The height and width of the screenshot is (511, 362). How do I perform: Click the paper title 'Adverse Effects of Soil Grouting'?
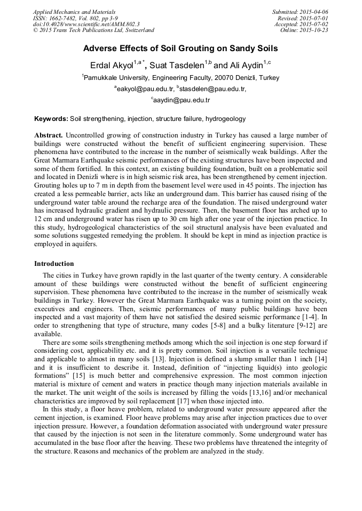coord(180,48)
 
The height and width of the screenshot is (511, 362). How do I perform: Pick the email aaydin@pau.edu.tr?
coord(182,100)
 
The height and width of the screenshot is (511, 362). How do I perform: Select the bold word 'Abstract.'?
coord(49,136)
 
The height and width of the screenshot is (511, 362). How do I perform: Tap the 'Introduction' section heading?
coord(54,264)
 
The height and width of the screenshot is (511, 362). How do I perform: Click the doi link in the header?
coord(86,25)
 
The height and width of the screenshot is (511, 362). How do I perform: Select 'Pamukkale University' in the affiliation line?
coord(114,78)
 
